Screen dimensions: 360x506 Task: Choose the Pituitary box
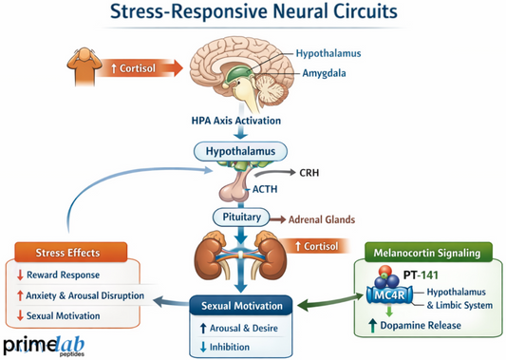[242, 217]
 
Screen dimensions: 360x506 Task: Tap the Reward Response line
[68, 275]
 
